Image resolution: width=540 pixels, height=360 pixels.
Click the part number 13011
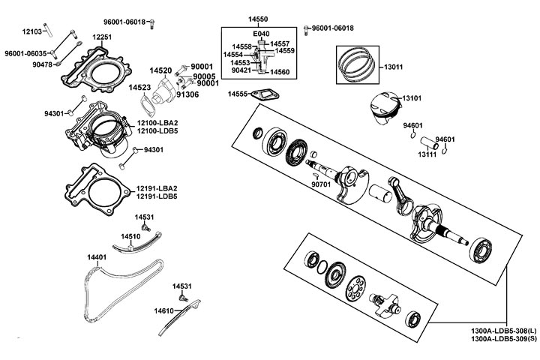click(x=393, y=67)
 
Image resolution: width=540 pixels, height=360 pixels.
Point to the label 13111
click(x=427, y=154)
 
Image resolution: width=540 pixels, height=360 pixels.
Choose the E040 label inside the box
click(x=262, y=35)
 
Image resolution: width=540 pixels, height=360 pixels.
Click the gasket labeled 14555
click(x=265, y=95)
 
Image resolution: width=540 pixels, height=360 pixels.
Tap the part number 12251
click(x=102, y=37)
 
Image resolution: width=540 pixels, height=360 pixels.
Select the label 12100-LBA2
click(x=157, y=123)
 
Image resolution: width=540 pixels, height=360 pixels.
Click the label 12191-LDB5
click(x=157, y=196)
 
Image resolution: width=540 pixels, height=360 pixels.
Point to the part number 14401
click(x=96, y=257)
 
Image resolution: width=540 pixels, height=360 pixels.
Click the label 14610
click(x=164, y=310)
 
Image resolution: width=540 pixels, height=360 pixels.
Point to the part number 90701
click(x=321, y=184)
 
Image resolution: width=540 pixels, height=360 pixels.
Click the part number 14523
click(x=139, y=88)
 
